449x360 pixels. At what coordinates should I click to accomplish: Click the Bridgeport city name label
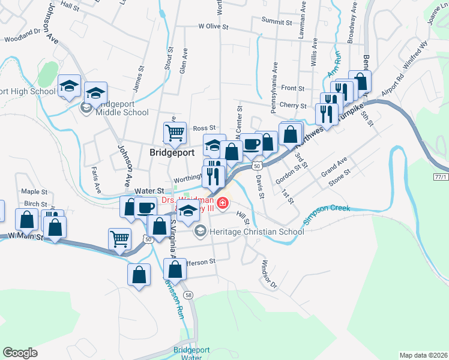[172, 152]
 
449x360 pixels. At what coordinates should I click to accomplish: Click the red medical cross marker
[223, 203]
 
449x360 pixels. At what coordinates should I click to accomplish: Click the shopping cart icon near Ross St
[175, 132]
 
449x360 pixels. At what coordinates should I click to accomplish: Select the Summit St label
[276, 20]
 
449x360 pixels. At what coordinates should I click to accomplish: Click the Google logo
[20, 353]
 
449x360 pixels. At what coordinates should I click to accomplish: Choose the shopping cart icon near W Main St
[119, 238]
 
